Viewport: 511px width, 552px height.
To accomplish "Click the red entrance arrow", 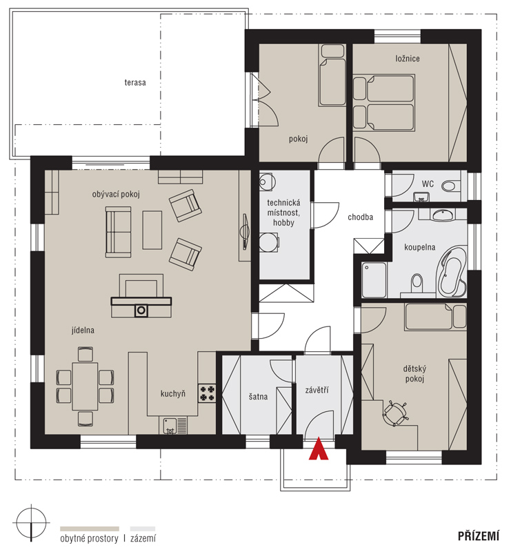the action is (x=319, y=449).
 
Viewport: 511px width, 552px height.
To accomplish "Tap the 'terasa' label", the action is (x=135, y=82).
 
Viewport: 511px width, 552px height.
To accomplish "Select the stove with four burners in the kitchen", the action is (x=207, y=393).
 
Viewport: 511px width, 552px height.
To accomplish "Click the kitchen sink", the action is (x=170, y=426).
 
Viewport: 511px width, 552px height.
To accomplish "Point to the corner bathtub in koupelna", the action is (x=452, y=270).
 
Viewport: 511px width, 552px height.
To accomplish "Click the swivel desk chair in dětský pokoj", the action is (x=394, y=413).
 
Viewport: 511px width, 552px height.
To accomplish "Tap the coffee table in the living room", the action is (x=152, y=230).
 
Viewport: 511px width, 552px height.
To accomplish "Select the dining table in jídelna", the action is (x=85, y=386).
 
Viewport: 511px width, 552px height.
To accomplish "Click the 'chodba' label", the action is (x=360, y=217).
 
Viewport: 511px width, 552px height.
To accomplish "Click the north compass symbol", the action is (x=31, y=522).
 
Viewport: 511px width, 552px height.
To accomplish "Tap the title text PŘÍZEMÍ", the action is (x=479, y=536).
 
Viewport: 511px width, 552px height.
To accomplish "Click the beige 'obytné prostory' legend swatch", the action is (x=90, y=529).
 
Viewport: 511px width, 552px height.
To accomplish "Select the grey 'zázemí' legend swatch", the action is (x=143, y=529).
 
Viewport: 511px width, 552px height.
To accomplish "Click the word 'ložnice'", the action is (x=407, y=59).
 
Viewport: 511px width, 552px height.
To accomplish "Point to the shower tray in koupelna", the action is (x=374, y=279).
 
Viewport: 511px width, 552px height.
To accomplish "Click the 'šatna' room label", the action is (x=258, y=397).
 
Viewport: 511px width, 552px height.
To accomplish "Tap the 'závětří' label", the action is (x=317, y=390).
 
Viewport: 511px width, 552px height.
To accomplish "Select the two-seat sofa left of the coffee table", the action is (x=118, y=232).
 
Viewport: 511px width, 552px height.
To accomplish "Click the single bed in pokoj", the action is (x=332, y=75).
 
